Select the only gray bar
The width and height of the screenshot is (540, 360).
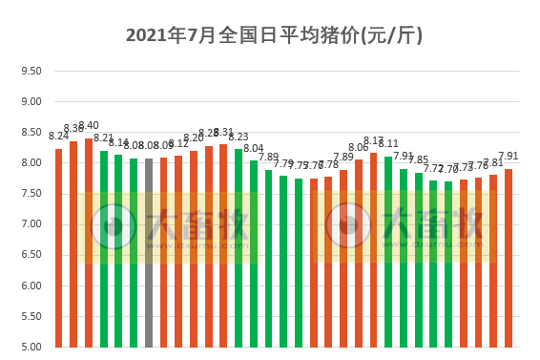(149, 252)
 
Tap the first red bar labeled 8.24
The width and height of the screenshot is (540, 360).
(58, 247)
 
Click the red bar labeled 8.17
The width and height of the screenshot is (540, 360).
(373, 249)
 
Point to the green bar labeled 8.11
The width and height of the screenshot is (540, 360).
(388, 251)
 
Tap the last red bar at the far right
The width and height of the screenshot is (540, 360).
(509, 257)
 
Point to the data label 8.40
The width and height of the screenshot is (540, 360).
(89, 126)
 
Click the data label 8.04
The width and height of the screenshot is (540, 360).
(254, 148)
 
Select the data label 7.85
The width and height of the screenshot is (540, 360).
(419, 160)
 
